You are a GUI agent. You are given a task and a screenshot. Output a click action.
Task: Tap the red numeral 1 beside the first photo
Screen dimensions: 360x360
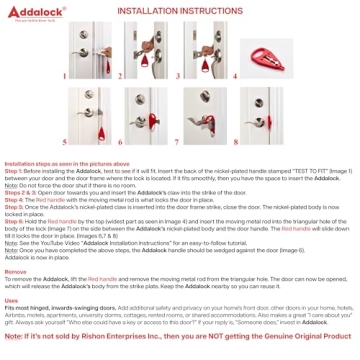tap(64, 74)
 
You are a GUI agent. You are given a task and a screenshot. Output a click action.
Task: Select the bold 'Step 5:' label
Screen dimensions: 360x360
tap(15, 205)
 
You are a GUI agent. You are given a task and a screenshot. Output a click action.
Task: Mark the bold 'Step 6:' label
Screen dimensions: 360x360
tap(15, 217)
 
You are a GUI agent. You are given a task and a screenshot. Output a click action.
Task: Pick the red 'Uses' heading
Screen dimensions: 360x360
tap(12, 298)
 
